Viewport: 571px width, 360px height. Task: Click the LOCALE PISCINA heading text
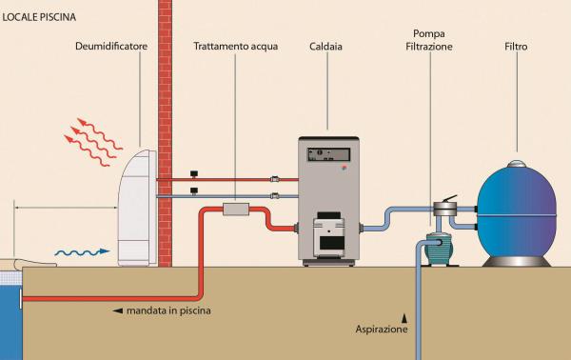(39, 17)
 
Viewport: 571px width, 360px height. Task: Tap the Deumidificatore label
(111, 47)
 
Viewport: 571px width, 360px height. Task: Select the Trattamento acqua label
(236, 47)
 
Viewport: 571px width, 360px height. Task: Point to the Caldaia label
(325, 47)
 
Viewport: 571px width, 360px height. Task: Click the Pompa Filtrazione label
(429, 40)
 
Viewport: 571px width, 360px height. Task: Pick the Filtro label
(516, 47)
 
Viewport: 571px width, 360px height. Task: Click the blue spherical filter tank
(517, 211)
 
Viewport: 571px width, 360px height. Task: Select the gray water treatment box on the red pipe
(236, 210)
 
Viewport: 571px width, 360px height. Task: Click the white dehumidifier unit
(137, 208)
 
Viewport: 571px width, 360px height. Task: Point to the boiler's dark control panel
(329, 154)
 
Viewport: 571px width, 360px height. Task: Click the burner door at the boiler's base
(329, 234)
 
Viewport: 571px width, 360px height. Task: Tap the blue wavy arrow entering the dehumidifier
(82, 251)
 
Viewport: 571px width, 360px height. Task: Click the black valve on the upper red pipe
(194, 173)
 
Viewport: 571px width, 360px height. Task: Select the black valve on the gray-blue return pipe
(194, 190)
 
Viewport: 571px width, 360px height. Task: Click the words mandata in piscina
(168, 310)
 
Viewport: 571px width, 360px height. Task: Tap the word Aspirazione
(382, 330)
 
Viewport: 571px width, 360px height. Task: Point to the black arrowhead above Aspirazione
(404, 319)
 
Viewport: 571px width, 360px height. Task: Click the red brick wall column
(165, 133)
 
